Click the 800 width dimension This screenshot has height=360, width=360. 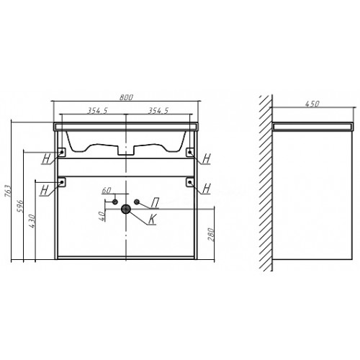point(126,97)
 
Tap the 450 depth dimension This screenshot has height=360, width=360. point(312,104)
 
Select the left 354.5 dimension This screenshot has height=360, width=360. point(97,111)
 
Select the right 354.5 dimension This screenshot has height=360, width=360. point(158,111)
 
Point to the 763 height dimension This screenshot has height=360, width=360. point(8,191)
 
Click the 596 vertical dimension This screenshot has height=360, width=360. point(20,206)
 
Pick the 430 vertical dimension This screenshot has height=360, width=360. point(32,221)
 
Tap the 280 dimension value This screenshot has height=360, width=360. point(210,235)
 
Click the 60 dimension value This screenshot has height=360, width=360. point(107,190)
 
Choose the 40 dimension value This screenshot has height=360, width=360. point(102,216)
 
